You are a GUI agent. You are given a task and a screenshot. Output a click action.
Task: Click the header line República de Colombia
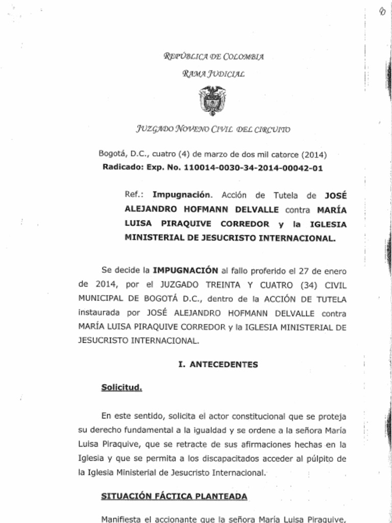pyautogui.click(x=213, y=57)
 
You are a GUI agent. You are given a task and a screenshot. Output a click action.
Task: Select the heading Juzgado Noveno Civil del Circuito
pyautogui.click(x=213, y=129)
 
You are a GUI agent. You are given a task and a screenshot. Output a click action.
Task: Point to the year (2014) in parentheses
pyautogui.click(x=314, y=154)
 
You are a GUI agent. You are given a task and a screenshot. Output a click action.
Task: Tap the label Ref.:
pyautogui.click(x=134, y=195)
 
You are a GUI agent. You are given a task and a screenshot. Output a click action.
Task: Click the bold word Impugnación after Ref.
pyautogui.click(x=175, y=195)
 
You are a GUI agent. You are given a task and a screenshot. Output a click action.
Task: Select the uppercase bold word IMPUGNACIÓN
pyautogui.click(x=185, y=270)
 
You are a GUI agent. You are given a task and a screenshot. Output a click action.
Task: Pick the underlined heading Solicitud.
pyautogui.click(x=121, y=387)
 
